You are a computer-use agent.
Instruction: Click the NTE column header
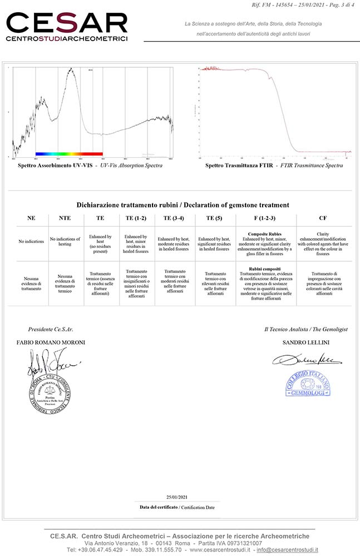coord(65,219)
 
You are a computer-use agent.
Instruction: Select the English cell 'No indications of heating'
coord(65,241)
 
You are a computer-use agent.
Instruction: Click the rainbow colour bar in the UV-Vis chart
coord(69,153)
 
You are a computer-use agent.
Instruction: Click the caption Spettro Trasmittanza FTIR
coord(239,166)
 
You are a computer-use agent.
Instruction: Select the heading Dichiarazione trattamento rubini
coord(129,205)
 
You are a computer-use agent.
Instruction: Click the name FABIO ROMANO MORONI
coord(51,342)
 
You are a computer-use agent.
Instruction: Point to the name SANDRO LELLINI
coord(307,342)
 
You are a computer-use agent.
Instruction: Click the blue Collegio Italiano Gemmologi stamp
coord(308,383)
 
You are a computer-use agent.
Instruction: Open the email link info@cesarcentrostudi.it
coord(287,550)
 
